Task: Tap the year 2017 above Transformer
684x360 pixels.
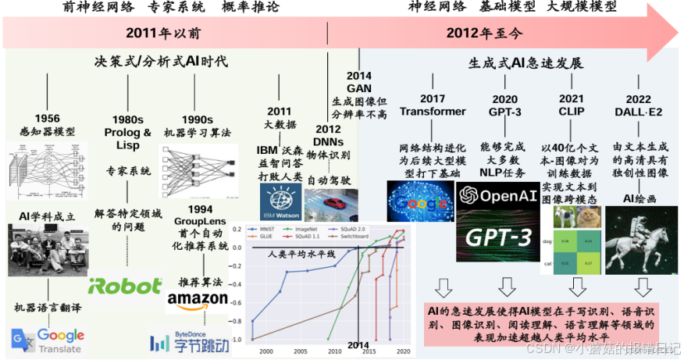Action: pos(432,98)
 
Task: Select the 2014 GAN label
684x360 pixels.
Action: pos(358,82)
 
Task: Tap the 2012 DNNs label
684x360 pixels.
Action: pos(327,135)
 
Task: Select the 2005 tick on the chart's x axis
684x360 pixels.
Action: pos(298,351)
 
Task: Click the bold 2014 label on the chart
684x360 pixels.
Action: pos(358,345)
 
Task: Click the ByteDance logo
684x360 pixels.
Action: pos(180,342)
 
